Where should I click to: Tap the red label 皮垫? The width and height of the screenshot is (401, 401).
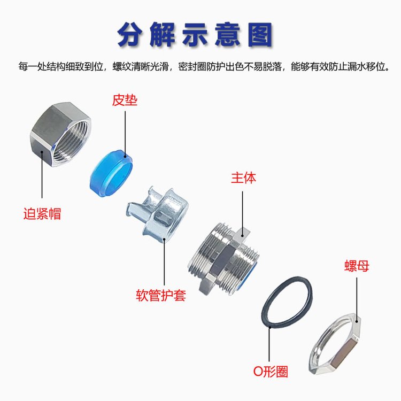coord(124,101)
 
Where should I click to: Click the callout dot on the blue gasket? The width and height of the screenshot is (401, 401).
coord(126,156)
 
